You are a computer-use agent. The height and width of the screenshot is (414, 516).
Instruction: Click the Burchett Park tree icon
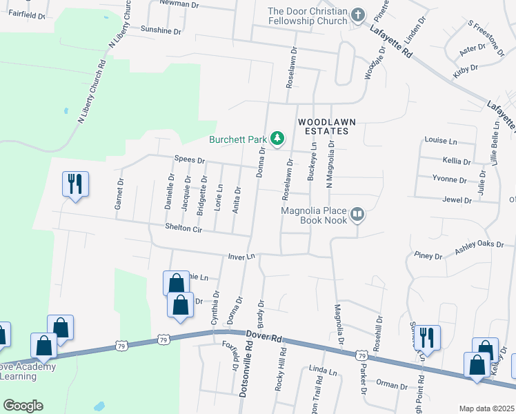click(x=277, y=139)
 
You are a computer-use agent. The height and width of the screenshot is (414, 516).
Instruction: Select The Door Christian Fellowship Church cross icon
click(x=357, y=15)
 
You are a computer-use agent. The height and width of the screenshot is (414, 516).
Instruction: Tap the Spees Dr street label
click(x=190, y=160)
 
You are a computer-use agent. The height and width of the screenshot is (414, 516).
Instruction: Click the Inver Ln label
click(x=242, y=256)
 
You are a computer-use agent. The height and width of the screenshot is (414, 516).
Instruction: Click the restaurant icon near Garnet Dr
click(x=75, y=184)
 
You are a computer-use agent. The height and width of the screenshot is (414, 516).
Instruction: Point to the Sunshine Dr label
click(x=161, y=31)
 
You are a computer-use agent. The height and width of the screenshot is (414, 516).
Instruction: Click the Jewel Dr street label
click(x=458, y=200)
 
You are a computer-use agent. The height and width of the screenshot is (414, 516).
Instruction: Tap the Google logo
click(x=23, y=406)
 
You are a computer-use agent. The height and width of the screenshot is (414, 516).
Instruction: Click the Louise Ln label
click(x=441, y=141)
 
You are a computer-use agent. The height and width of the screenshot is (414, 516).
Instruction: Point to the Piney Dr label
click(x=428, y=256)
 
